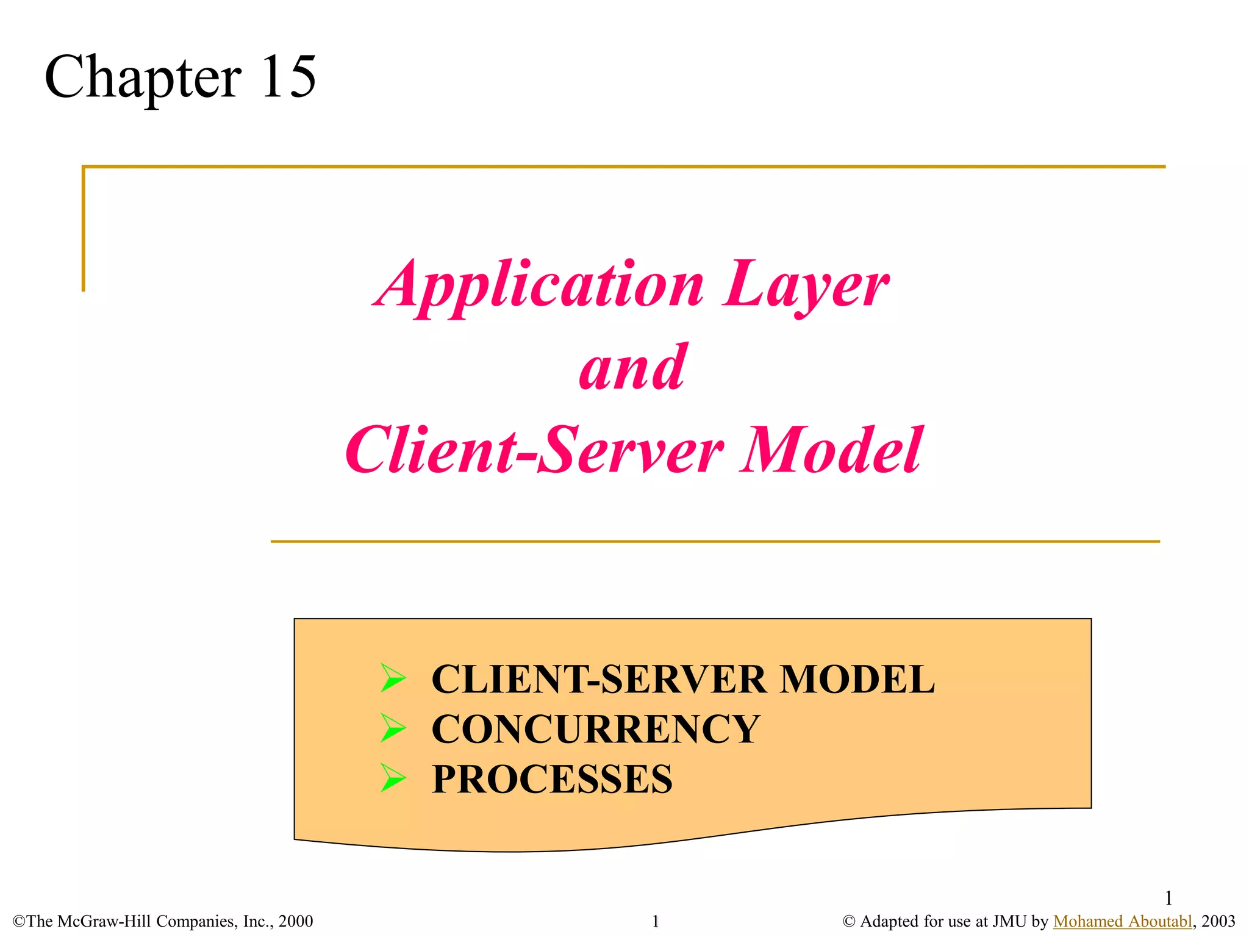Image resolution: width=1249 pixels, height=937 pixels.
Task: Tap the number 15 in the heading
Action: coord(288,77)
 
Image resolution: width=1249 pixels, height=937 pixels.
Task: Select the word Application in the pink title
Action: coord(539,285)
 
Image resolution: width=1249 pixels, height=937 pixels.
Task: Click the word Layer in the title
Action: coord(806,285)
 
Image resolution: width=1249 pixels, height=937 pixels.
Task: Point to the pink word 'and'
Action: coord(633,367)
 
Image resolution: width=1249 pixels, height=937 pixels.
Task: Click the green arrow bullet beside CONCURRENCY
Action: coord(393,728)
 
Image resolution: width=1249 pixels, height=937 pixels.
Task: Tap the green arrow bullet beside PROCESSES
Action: coord(393,778)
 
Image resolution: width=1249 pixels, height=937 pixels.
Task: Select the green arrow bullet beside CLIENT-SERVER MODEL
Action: coord(393,678)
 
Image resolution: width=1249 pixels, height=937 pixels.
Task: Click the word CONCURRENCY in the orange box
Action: coord(595,729)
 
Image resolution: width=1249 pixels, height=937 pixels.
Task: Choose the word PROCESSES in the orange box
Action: coord(552,779)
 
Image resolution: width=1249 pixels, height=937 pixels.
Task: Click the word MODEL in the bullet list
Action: coord(857,679)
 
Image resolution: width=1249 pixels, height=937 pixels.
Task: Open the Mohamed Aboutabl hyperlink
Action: coord(1122,921)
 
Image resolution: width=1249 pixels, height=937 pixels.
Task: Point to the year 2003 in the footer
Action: coord(1218,921)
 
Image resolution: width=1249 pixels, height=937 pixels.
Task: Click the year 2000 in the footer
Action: coord(296,921)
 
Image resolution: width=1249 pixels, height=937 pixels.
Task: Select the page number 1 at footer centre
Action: coord(656,921)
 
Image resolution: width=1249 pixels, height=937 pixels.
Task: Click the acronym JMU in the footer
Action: coord(1009,921)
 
